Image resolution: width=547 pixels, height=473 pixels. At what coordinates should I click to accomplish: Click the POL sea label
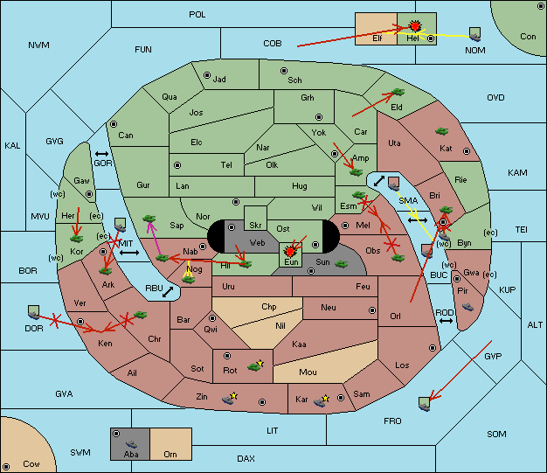point(197,15)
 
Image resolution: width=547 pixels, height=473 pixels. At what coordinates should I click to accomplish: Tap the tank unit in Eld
point(398,92)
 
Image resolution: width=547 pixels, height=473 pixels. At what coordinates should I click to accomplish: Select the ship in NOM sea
point(474,35)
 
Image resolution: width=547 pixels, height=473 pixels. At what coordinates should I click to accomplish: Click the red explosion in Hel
point(415,26)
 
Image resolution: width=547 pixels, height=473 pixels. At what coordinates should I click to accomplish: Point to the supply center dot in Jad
point(207,75)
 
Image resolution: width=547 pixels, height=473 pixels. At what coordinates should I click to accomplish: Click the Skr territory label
point(255,226)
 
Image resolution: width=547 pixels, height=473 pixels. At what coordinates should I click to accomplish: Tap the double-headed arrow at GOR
point(101,154)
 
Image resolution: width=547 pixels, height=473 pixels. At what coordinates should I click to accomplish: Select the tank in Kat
point(441,131)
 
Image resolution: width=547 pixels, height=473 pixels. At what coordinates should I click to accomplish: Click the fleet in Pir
point(467,307)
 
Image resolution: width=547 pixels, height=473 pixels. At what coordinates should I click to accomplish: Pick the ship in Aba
point(131,444)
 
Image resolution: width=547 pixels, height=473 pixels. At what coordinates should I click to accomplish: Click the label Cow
point(31,464)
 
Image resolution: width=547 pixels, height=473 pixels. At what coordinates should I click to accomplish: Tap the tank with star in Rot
point(255,365)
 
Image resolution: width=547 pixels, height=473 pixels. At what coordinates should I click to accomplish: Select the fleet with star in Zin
point(230,399)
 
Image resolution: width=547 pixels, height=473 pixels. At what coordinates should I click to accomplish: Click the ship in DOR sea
point(33,312)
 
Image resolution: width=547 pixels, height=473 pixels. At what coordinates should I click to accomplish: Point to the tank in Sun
point(341,264)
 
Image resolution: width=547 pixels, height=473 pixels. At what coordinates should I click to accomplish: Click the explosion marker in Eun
point(289,251)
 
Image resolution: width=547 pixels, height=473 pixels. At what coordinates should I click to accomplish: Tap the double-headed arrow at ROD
point(446,321)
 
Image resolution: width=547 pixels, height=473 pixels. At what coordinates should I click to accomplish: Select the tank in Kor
point(76,239)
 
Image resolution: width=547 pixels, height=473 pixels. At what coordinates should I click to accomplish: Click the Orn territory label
point(170,454)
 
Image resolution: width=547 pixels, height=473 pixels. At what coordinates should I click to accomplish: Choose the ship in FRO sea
point(424,404)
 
